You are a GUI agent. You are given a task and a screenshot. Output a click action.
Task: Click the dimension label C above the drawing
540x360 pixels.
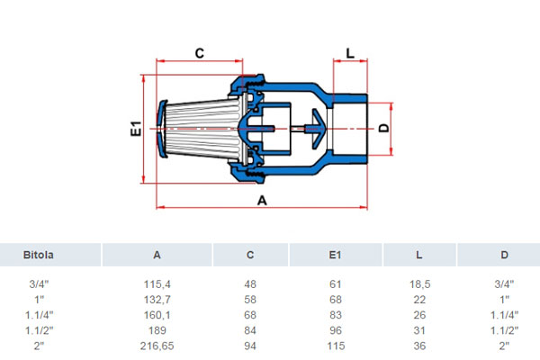point(200,53)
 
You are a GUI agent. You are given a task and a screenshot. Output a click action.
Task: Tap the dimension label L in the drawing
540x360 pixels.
point(350,53)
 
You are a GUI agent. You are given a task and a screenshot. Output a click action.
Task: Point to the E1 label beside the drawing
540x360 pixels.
point(137,129)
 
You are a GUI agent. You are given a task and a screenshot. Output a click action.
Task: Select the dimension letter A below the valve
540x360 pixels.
point(262,200)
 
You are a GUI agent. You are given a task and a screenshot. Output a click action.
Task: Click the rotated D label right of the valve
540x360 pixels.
point(383,128)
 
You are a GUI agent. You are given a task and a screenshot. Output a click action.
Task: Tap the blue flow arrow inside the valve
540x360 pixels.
point(317,129)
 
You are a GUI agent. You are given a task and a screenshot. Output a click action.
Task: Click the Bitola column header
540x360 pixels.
point(38,255)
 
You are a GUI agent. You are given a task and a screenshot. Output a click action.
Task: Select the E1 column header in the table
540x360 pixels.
point(335,255)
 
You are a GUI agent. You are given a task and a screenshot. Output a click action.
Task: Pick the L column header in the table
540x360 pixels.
point(419,255)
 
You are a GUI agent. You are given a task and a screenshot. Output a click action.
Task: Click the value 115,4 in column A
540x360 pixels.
point(157,284)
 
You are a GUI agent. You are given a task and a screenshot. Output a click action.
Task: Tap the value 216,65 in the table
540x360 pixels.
point(157,346)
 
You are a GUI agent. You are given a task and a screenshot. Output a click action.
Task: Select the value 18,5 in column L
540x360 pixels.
point(419,284)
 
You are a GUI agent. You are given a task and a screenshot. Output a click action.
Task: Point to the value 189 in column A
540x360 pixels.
point(157,330)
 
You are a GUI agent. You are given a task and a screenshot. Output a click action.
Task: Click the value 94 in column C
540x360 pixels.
point(250,346)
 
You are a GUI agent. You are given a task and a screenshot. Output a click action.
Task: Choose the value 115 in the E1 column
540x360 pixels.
point(336,346)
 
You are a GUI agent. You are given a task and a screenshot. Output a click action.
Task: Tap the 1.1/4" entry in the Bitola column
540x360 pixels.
point(40,315)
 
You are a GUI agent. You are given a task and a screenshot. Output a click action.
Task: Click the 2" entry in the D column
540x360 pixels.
point(504,346)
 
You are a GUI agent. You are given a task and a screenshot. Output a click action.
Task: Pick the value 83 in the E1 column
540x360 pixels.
point(336,315)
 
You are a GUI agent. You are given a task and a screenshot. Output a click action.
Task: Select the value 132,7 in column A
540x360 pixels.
point(157,300)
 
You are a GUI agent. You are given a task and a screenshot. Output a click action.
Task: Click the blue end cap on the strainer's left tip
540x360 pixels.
point(161,129)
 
